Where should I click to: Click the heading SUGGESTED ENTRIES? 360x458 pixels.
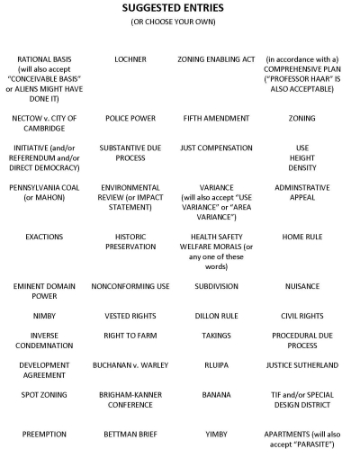point(180,8)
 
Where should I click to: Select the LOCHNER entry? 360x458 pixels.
point(130,59)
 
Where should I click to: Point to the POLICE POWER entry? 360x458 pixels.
point(130,119)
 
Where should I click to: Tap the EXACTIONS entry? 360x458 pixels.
point(44,237)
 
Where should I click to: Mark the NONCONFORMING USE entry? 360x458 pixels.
point(130,287)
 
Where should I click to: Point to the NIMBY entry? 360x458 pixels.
point(44,316)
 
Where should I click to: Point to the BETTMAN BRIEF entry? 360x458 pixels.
point(130,434)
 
